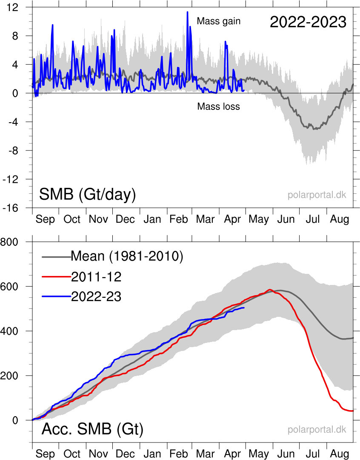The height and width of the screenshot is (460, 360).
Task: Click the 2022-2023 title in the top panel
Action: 308,22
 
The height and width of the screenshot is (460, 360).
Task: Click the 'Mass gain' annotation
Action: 219,21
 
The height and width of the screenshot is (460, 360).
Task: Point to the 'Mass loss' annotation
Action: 218,106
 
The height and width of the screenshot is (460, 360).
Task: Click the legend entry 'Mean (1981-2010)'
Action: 126,256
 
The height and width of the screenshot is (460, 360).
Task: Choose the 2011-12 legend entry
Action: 96,277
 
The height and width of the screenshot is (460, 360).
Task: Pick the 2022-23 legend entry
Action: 96,297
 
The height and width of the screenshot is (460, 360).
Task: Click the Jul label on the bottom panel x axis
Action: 313,454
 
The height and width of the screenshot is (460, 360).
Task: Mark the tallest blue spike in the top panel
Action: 187,12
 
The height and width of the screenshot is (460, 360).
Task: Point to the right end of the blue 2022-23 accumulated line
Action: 244,308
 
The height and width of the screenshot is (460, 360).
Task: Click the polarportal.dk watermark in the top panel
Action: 317,195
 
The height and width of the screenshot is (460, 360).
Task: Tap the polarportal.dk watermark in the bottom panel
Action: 317,430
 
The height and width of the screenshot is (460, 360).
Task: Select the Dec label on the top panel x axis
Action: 125,219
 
